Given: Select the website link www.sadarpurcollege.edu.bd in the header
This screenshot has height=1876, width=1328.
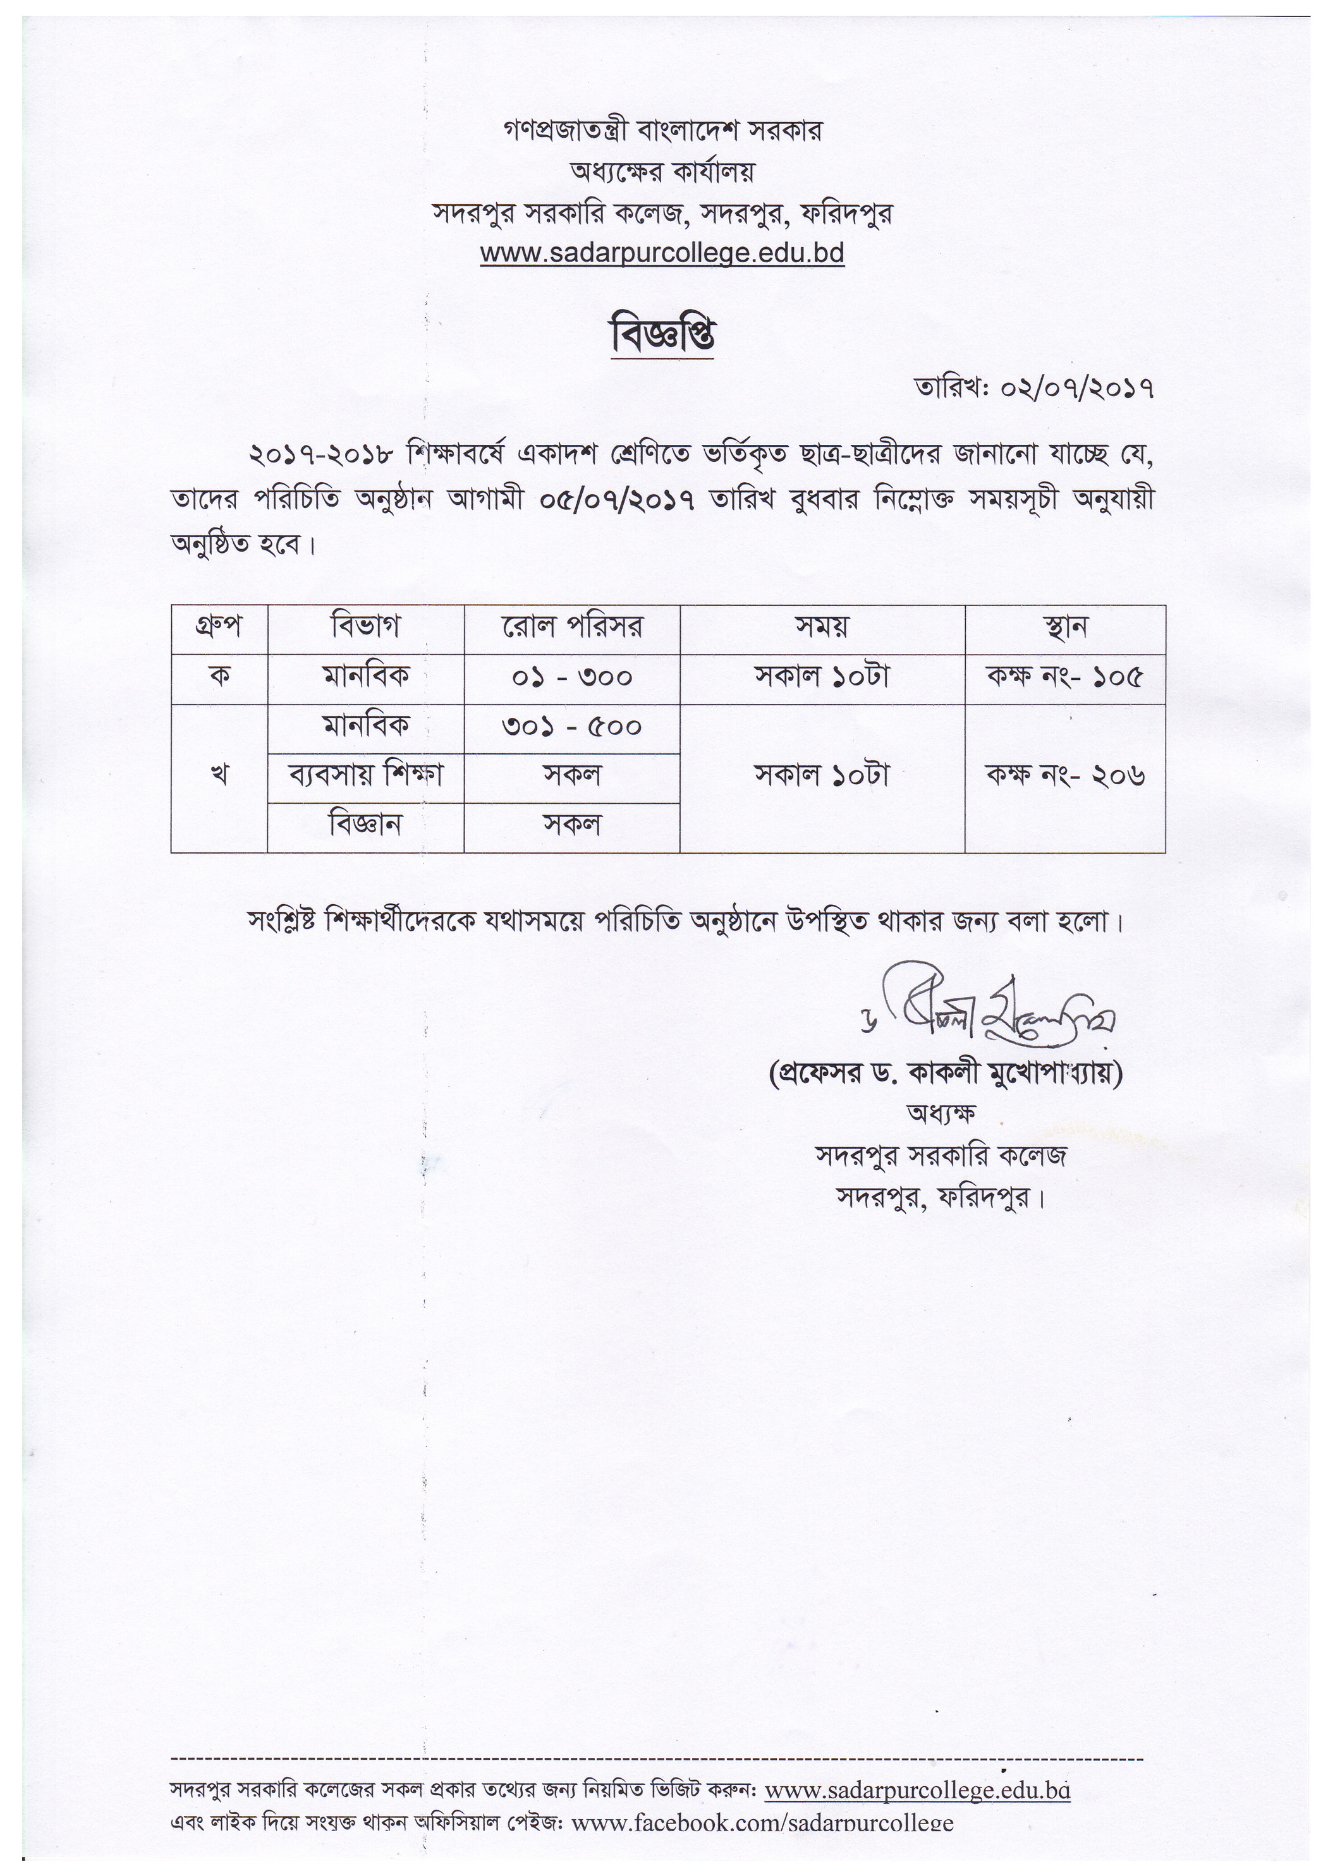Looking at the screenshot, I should coord(662,253).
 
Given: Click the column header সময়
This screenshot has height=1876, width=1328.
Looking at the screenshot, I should coord(822,627).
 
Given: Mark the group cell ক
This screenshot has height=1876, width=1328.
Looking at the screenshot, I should coord(219,677).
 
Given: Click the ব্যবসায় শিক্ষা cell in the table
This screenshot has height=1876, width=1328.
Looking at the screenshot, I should coord(365,775).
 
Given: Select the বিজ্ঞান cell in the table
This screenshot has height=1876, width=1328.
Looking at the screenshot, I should coord(365,824).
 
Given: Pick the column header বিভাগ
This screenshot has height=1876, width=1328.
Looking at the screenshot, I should coord(365,627).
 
